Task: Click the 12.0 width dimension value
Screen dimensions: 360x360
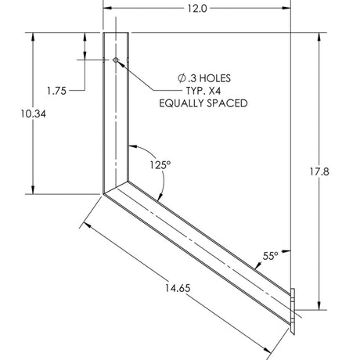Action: (196, 9)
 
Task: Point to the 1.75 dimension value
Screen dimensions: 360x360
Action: (56, 90)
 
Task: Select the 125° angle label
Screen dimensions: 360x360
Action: (160, 165)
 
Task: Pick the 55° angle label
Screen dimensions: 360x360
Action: (271, 255)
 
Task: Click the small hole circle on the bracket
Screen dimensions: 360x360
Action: (116, 59)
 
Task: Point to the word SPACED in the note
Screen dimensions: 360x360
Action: (229, 103)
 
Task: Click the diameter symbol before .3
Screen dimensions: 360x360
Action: (182, 78)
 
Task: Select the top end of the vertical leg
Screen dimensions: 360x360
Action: (117, 34)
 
